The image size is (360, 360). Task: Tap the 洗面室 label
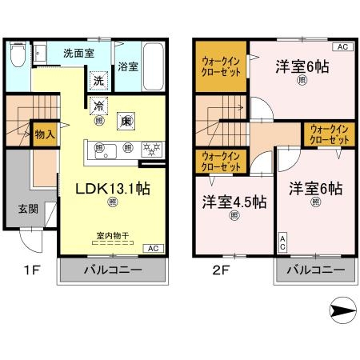pos(78,53)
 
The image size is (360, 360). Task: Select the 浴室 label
pos(127,66)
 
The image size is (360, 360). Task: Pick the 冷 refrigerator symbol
pos(98,106)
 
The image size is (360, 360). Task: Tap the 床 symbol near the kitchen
pos(126,121)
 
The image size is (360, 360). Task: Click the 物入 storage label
pos(44,134)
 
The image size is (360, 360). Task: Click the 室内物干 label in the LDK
pos(112,235)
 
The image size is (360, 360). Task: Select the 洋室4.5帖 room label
pos(234,202)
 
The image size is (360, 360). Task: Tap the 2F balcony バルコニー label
pos(314,270)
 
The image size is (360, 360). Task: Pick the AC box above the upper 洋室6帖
pos(341,48)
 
